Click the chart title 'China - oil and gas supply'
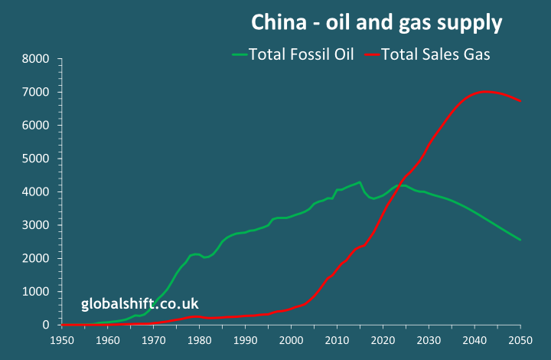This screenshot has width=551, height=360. tap(377, 23)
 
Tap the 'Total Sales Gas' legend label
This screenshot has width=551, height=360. tap(435, 54)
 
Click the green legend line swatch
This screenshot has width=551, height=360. tap(240, 54)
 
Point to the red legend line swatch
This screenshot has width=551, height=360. tap(370, 54)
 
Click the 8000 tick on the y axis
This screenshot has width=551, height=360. tap(35, 58)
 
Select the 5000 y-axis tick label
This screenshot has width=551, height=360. tap(35, 159)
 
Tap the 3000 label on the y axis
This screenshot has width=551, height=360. tap(35, 225)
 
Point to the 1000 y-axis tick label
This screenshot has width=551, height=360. tap(35, 292)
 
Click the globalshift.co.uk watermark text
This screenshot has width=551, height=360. tap(140, 304)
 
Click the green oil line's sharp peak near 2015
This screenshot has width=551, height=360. tap(360, 182)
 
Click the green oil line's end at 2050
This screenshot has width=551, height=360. tap(520, 240)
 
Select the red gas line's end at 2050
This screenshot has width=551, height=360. tap(520, 101)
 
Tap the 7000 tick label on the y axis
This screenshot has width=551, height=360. tap(35, 92)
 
